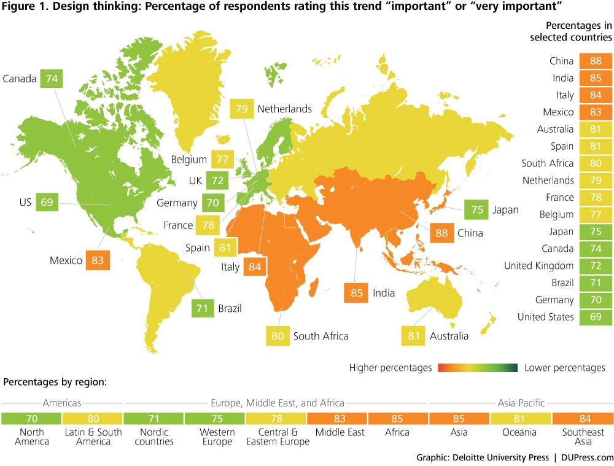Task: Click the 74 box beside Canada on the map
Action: point(52,79)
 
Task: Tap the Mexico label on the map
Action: point(66,260)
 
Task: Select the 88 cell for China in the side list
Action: point(596,61)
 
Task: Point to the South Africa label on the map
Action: point(321,336)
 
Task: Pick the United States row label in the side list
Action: point(546,317)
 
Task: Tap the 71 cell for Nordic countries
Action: point(153,419)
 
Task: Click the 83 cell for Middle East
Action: point(337,419)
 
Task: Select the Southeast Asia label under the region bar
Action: point(582,437)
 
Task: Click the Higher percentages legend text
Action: point(391,368)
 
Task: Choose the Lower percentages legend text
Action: point(565,368)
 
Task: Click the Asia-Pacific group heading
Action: point(520,403)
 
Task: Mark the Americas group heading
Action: point(62,403)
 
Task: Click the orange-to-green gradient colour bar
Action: point(478,368)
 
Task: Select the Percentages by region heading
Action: point(55,382)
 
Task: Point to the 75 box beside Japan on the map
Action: point(475,209)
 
